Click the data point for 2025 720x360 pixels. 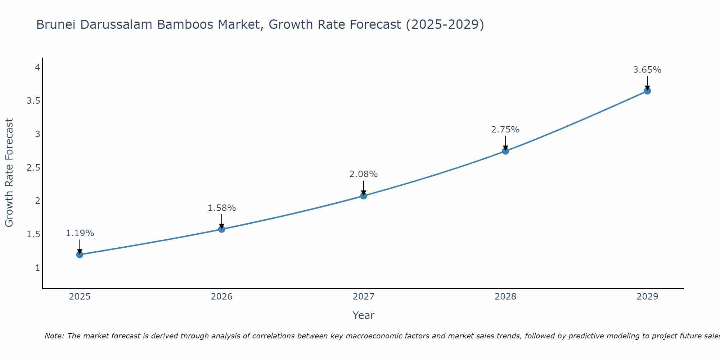80,255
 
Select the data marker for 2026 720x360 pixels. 222,229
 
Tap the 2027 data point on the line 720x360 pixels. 364,196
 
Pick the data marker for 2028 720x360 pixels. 505,151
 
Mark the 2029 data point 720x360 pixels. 647,91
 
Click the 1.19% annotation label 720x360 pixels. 80,233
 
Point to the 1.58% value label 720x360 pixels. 222,208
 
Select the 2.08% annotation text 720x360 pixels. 364,174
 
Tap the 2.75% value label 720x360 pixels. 505,130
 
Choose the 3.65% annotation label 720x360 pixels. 647,70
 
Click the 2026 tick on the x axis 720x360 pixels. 222,297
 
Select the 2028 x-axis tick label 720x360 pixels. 505,297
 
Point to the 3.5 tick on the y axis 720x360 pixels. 33,101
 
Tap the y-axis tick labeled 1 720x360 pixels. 37,268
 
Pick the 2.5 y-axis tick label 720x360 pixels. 33,168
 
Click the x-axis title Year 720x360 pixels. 364,315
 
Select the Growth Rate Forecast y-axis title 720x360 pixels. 9,173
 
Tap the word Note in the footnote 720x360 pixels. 54,336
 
